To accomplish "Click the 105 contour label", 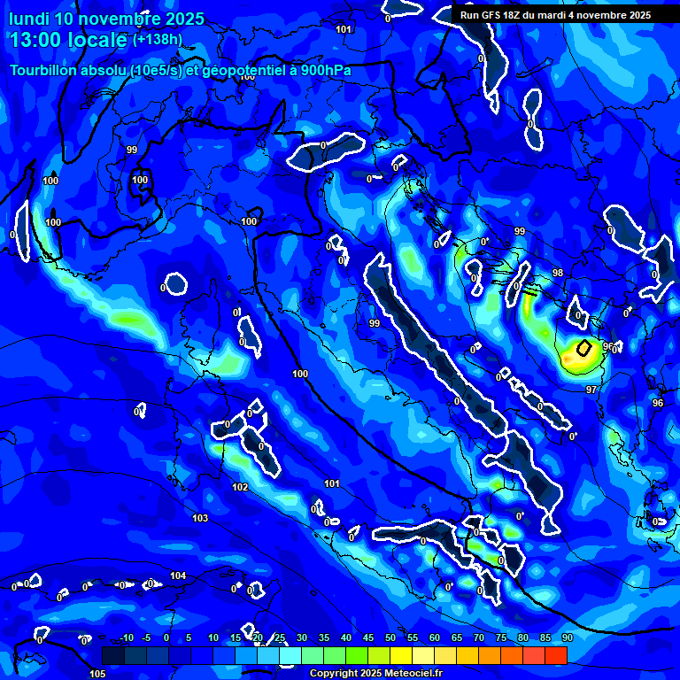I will click(x=97, y=674).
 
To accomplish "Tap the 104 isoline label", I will click(x=179, y=576).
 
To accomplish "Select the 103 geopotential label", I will click(x=200, y=518).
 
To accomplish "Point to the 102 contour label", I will click(x=240, y=488).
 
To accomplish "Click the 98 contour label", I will click(x=557, y=273).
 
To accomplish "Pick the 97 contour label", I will click(x=591, y=390).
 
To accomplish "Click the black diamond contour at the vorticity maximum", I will click(x=583, y=348).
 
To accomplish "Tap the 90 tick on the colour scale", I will click(x=567, y=638).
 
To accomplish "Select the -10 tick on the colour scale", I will click(x=126, y=638).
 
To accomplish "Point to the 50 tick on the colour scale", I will click(x=390, y=638).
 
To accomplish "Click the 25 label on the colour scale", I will click(x=280, y=638).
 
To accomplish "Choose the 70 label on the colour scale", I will click(x=479, y=638).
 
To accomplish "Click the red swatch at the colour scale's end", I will click(x=555, y=655).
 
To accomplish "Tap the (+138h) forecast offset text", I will click(x=157, y=40).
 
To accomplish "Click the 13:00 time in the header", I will click(x=38, y=40).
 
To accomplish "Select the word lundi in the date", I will click(x=28, y=19).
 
